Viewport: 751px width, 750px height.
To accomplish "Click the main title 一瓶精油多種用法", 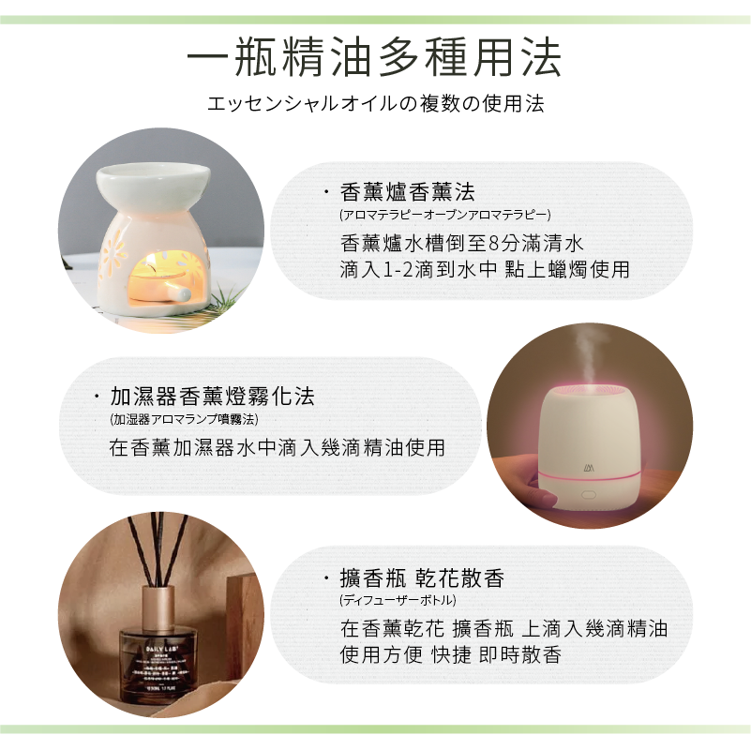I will [375, 57].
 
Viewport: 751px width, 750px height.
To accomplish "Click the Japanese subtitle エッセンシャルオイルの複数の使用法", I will [375, 103].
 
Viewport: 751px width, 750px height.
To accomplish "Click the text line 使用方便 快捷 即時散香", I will [450, 654].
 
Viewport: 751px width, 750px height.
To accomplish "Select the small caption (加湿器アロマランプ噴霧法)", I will [184, 418].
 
